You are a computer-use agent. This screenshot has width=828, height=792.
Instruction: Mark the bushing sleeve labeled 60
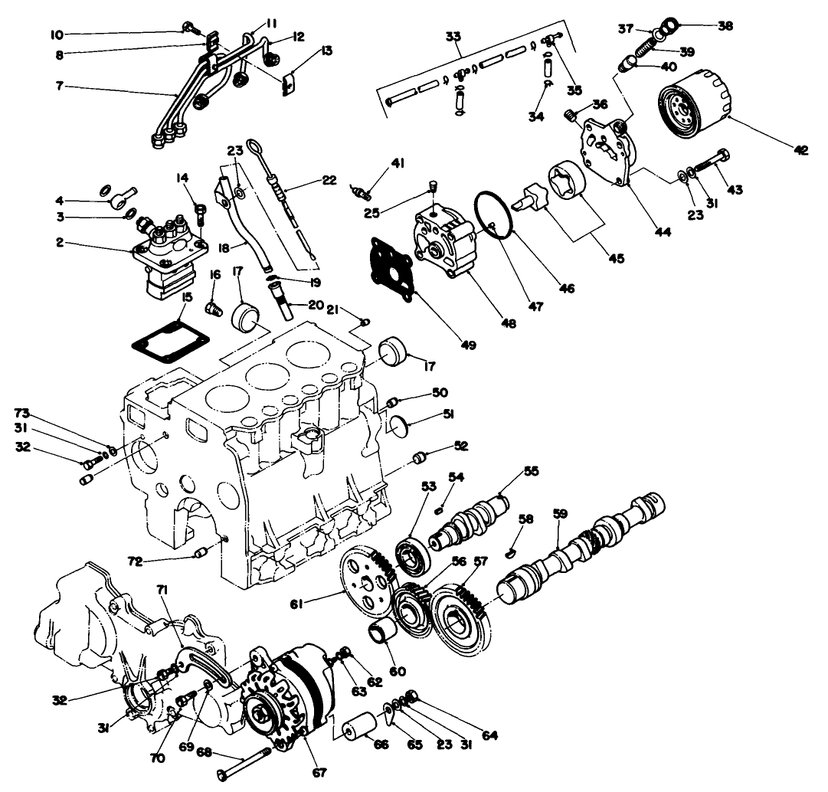[x=383, y=635]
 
